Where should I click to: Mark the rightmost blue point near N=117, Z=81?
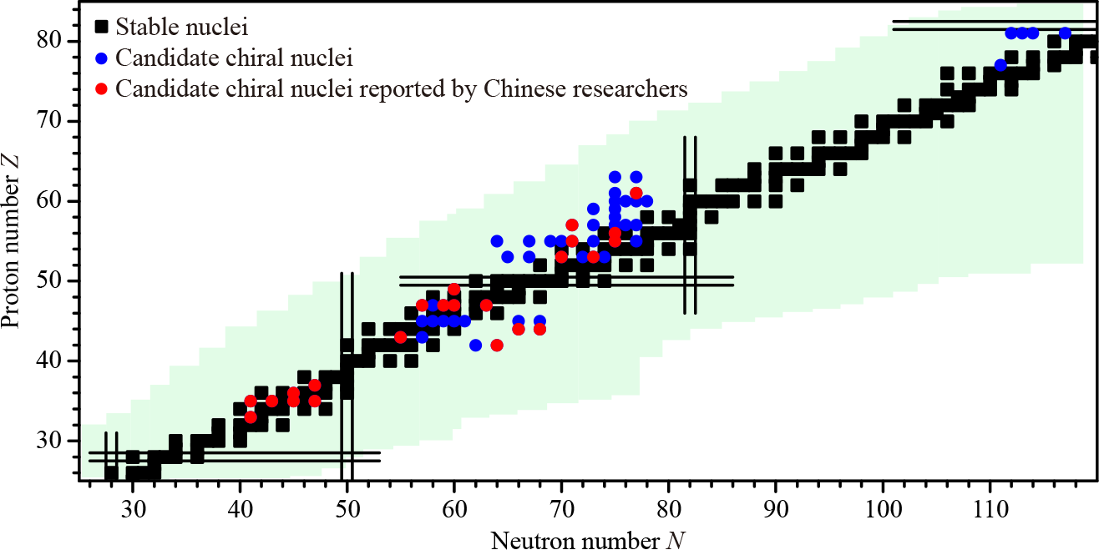pyautogui.click(x=1065, y=33)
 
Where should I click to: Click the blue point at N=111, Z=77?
pyautogui.click(x=1000, y=65)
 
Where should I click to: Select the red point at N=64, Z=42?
pyautogui.click(x=497, y=346)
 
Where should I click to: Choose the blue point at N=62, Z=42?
pyautogui.click(x=475, y=346)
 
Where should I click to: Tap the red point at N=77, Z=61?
pyautogui.click(x=636, y=194)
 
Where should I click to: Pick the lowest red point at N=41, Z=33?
pyautogui.click(x=251, y=417)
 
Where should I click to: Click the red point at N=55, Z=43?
pyautogui.click(x=400, y=337)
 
